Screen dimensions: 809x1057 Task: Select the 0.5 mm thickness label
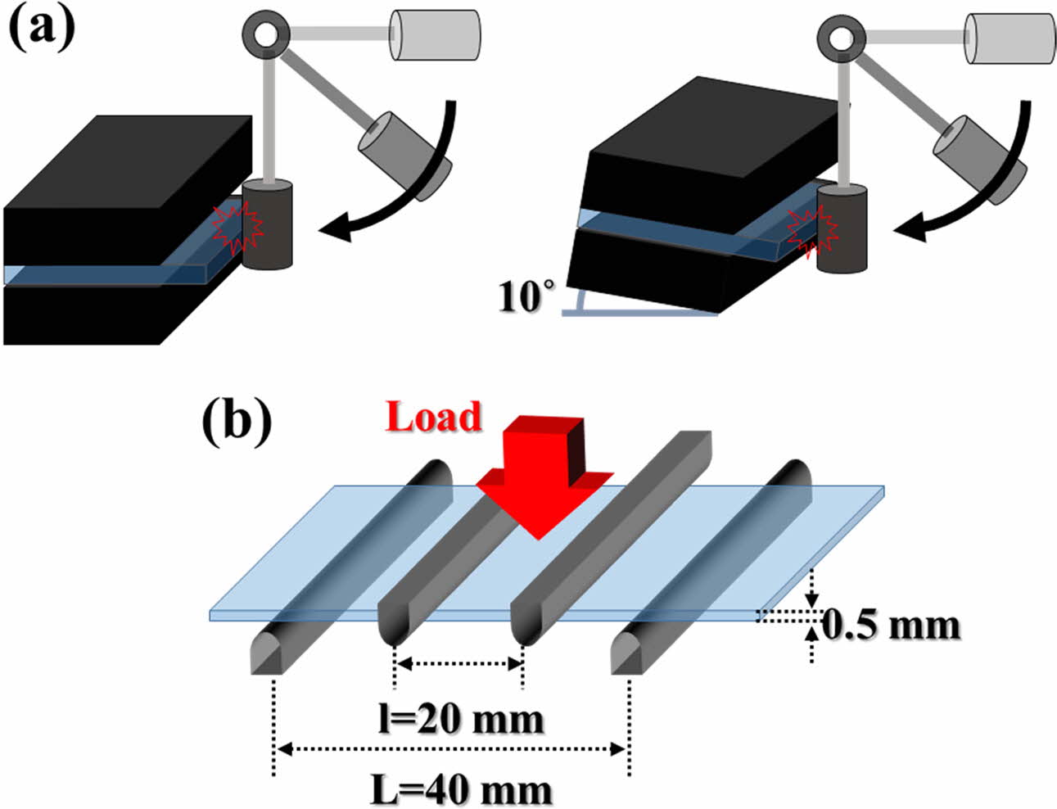890,625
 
